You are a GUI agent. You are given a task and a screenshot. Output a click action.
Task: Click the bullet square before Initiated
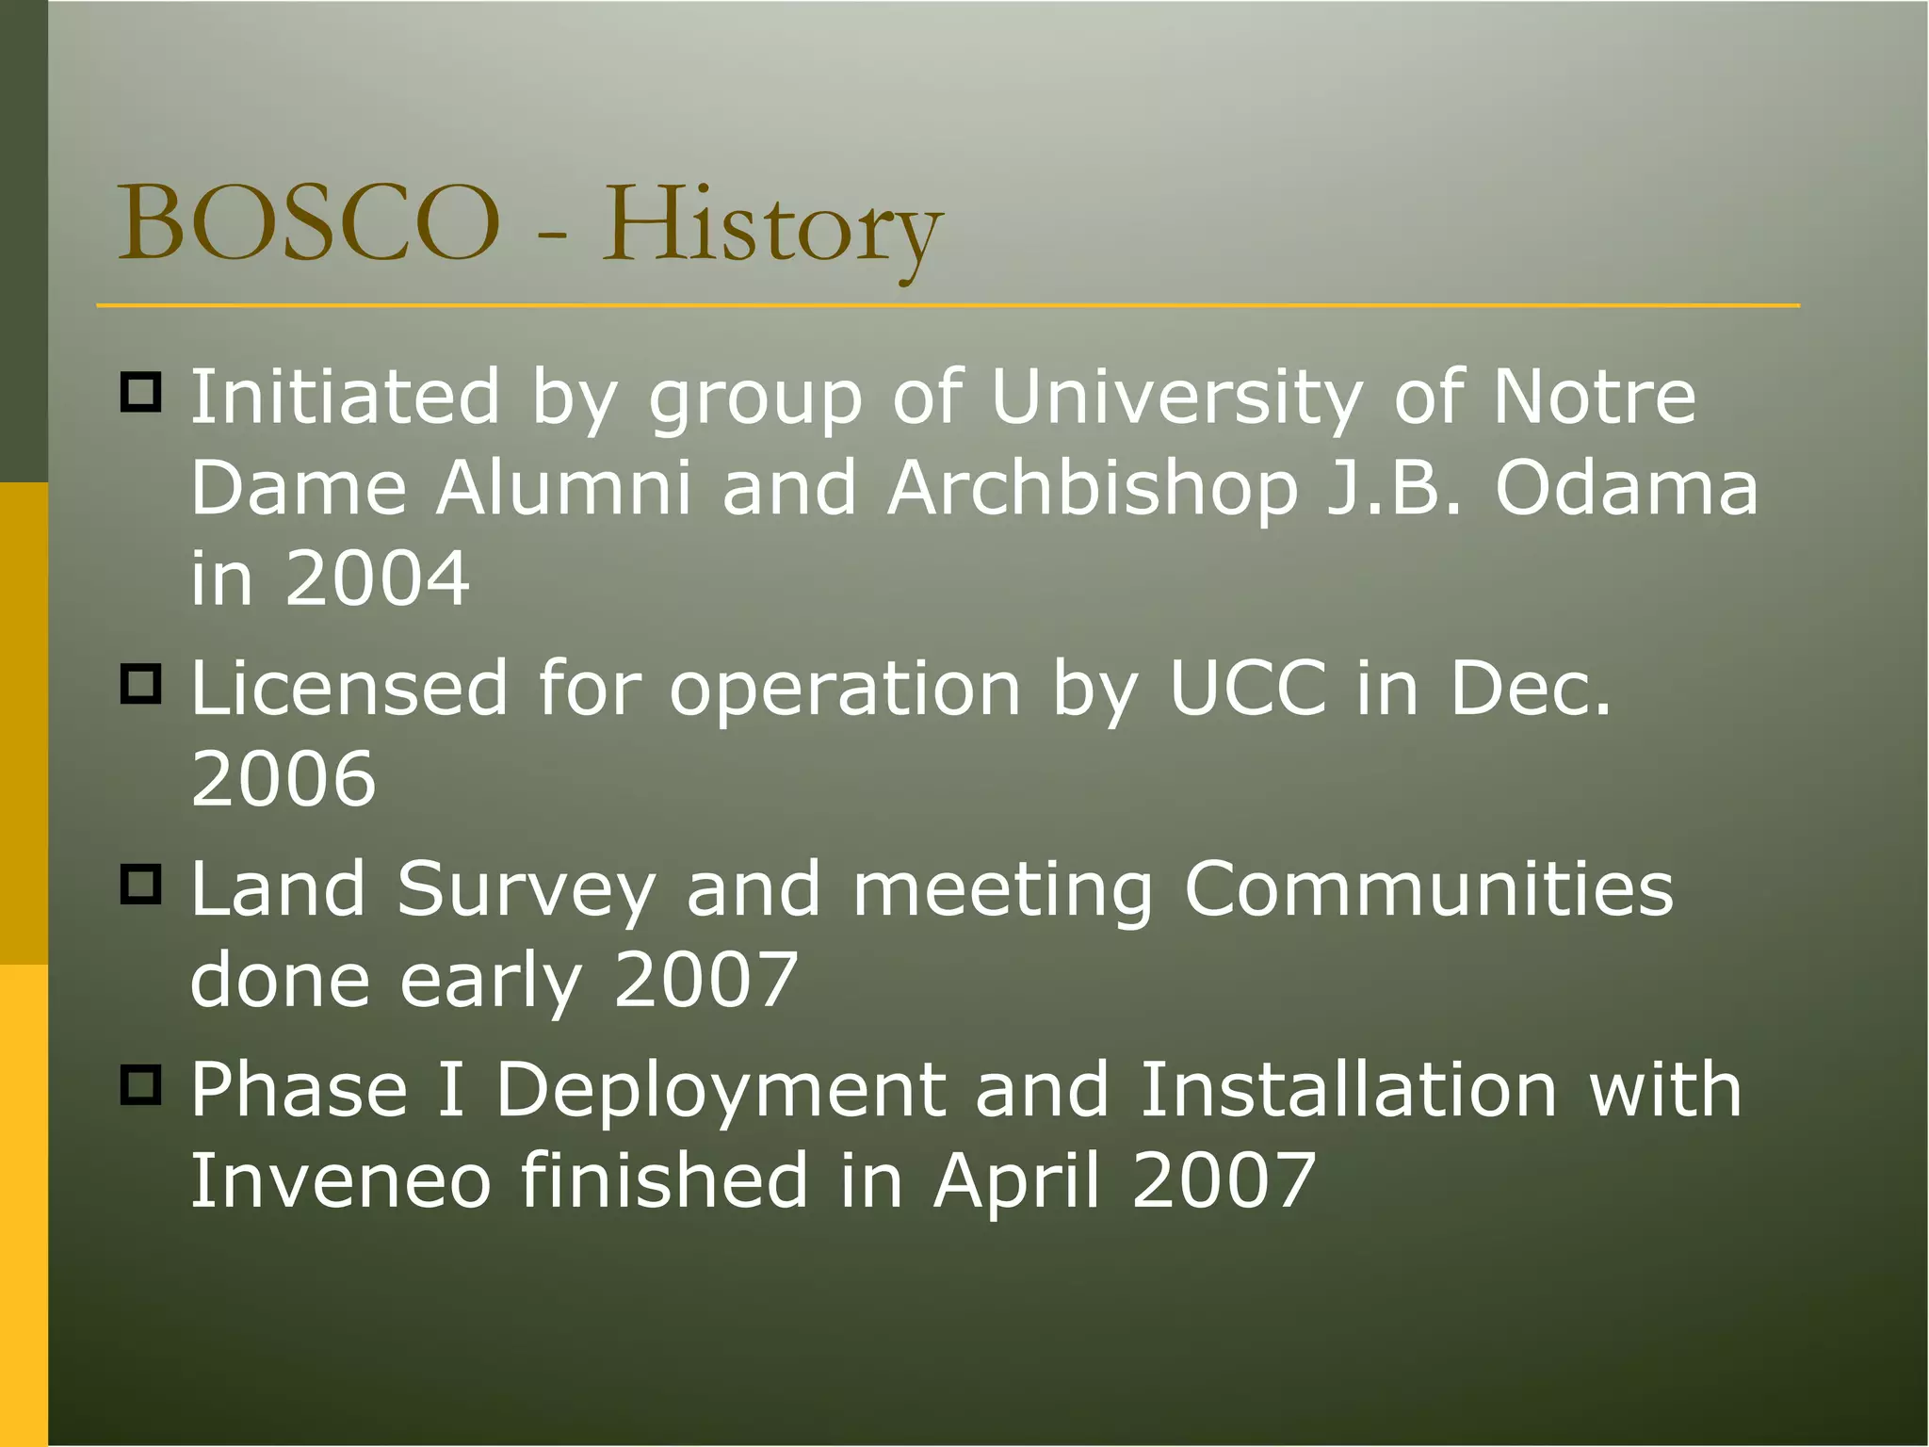click(x=141, y=391)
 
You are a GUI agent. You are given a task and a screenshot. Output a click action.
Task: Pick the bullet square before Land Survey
click(x=141, y=884)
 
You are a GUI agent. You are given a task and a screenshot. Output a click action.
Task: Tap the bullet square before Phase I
click(x=141, y=1084)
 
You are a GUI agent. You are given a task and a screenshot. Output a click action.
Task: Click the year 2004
click(x=377, y=577)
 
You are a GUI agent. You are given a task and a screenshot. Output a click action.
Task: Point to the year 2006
click(x=283, y=778)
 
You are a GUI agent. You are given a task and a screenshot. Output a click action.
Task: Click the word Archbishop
click(x=1092, y=490)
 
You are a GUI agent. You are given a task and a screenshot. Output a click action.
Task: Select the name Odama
click(x=1627, y=488)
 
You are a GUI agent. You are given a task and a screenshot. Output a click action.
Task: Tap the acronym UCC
click(x=1247, y=688)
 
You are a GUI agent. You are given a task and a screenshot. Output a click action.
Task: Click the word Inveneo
click(x=340, y=1180)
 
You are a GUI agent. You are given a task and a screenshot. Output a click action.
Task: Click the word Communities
click(x=1428, y=888)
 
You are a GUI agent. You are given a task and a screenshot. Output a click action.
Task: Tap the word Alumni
click(x=563, y=488)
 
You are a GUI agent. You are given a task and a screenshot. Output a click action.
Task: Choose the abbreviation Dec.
click(x=1530, y=688)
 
